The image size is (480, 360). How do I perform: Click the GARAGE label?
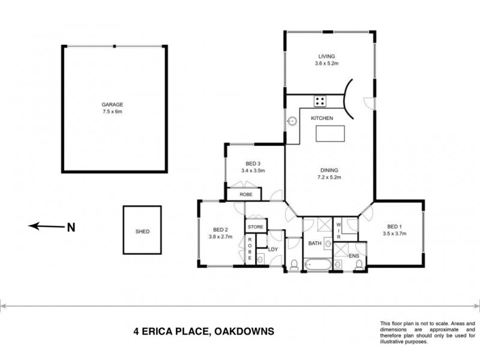tap(112, 104)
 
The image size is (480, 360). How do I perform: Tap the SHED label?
tap(142, 232)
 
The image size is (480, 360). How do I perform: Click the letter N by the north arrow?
tap(71, 227)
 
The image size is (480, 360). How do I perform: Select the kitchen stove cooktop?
tap(320, 101)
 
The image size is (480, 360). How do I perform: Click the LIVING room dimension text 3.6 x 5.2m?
tap(327, 64)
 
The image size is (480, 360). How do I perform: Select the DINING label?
tap(326, 170)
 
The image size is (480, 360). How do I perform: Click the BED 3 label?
tap(253, 163)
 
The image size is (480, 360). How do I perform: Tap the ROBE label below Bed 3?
tap(245, 195)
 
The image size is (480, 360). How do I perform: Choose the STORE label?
tap(256, 227)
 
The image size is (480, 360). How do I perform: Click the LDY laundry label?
tap(273, 249)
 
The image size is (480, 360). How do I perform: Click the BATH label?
tap(315, 244)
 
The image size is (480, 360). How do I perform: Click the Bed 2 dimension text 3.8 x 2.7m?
tap(221, 236)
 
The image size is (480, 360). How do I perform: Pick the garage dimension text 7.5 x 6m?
tap(112, 112)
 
